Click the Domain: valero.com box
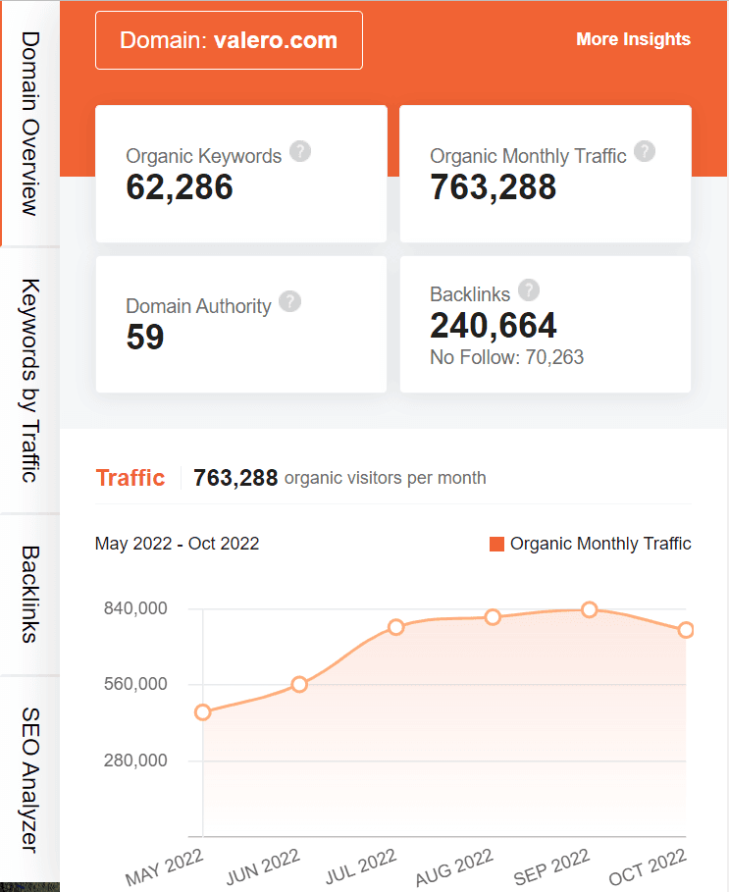(x=229, y=40)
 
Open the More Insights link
(x=633, y=39)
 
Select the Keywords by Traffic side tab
(x=29, y=381)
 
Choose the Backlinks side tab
(x=29, y=595)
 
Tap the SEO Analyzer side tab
(x=29, y=779)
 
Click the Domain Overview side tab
(x=29, y=123)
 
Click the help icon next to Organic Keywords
(x=301, y=152)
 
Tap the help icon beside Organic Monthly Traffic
(x=644, y=152)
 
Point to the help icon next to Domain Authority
(x=289, y=302)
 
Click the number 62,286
(x=180, y=186)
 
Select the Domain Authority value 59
(x=145, y=337)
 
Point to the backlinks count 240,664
(x=494, y=325)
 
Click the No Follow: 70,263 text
(x=506, y=357)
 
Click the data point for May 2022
(x=203, y=712)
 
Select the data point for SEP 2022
(x=590, y=610)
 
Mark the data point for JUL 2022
(x=396, y=627)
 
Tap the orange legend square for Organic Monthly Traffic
(x=496, y=544)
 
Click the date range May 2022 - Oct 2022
(x=177, y=544)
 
